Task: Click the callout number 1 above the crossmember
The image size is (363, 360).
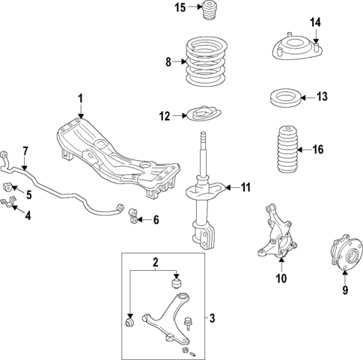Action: tap(81, 99)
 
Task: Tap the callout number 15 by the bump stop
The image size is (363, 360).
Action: tap(179, 8)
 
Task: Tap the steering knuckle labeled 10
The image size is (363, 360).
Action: tap(278, 240)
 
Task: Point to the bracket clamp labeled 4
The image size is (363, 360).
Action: tap(10, 204)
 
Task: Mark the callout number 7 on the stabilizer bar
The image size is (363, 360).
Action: tap(25, 152)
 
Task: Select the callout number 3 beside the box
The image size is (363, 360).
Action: tap(212, 320)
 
